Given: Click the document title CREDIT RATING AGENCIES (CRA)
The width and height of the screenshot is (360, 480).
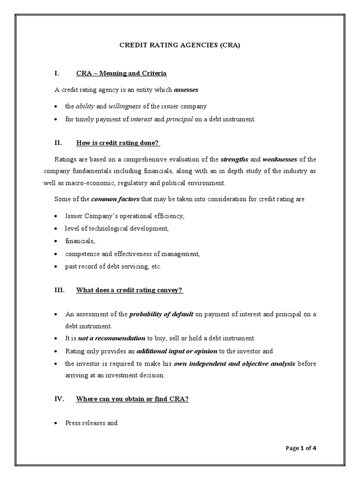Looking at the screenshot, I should click(x=180, y=45).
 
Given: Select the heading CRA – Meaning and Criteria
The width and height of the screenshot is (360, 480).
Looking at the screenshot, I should click(x=121, y=74).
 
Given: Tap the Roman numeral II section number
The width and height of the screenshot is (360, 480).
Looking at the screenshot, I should click(x=59, y=142).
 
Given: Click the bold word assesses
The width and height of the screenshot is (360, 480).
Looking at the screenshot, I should click(x=186, y=89).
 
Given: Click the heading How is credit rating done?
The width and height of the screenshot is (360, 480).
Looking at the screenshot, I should click(x=121, y=142).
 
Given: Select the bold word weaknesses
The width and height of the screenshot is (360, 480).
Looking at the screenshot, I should click(x=280, y=159).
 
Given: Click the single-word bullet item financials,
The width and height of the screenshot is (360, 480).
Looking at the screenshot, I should click(x=80, y=241).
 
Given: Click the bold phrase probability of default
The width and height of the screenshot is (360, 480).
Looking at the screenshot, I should click(x=161, y=314).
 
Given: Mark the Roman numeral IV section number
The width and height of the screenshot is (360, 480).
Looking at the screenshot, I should click(x=59, y=399).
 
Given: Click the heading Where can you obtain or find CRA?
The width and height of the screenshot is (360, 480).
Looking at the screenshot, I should click(x=132, y=399).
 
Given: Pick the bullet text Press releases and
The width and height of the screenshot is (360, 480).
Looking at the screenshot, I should click(x=91, y=423).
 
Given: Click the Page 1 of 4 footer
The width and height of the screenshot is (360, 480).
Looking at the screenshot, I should click(x=301, y=448).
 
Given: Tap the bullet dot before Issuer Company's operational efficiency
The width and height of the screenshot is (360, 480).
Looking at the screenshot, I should click(x=56, y=216).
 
